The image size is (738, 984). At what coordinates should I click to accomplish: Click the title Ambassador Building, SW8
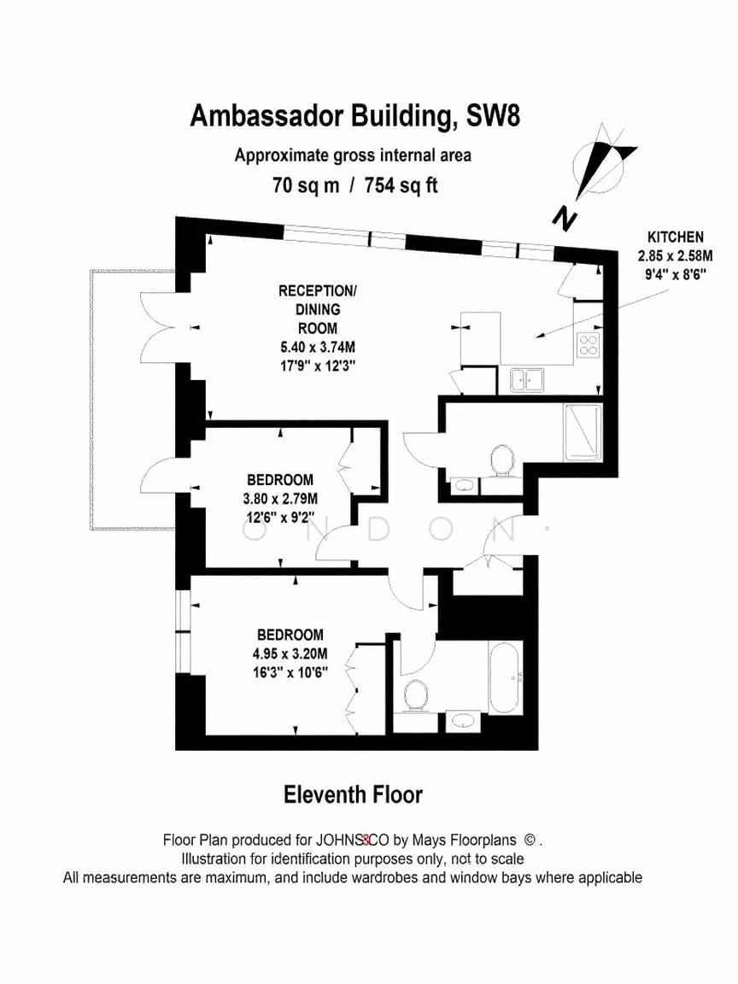(354, 117)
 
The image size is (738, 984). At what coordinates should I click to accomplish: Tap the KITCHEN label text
(676, 237)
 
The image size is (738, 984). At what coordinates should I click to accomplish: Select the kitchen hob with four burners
(588, 344)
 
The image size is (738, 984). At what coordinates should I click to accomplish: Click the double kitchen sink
(526, 379)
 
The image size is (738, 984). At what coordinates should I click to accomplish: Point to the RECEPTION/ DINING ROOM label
(318, 309)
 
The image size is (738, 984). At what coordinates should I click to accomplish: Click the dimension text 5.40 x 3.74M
(318, 347)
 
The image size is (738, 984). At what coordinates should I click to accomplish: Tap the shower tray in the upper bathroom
(583, 432)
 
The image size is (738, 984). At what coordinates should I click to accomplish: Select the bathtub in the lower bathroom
(505, 677)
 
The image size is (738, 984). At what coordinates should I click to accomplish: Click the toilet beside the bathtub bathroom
(415, 697)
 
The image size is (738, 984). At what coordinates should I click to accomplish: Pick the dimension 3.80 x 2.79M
(280, 500)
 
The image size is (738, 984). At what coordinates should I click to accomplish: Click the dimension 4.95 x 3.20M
(290, 653)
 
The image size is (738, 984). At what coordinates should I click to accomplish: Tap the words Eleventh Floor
(354, 795)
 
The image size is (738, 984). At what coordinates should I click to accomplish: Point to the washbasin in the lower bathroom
(462, 721)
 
